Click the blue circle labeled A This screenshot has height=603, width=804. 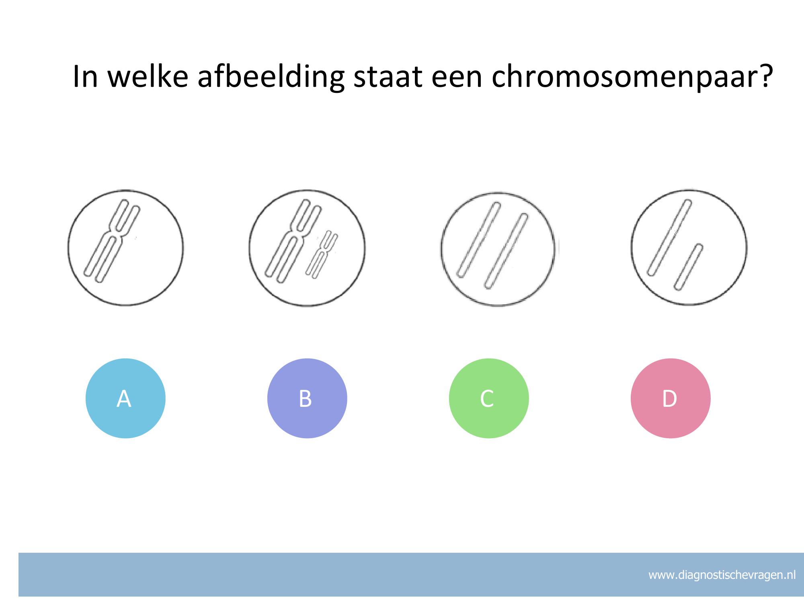pos(125,398)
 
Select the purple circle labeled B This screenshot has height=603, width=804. pos(307,398)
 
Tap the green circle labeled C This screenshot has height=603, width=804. pos(489,398)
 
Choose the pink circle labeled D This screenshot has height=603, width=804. pos(671,398)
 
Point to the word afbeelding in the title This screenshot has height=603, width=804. pos(271,76)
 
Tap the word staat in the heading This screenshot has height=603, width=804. pos(387,76)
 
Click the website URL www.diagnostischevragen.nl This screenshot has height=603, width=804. pos(722,575)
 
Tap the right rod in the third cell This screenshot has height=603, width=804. pos(506,251)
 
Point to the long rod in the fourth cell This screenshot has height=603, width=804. pos(670,238)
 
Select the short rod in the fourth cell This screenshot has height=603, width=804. pos(689,267)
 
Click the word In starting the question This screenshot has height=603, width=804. pos(86,76)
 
